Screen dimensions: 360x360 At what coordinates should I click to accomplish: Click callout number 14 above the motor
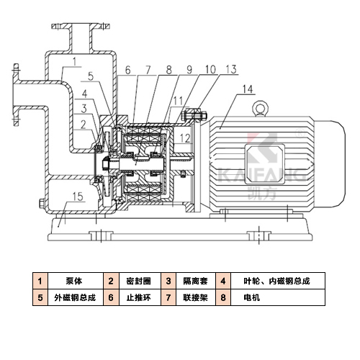[248, 89]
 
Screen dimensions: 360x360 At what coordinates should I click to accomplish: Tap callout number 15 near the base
[78, 197]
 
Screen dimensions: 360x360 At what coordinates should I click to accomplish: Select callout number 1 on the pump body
[74, 62]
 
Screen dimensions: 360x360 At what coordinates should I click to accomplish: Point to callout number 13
[231, 69]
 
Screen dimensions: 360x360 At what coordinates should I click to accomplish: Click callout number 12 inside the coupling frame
[185, 138]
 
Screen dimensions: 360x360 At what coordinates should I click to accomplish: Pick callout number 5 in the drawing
[91, 76]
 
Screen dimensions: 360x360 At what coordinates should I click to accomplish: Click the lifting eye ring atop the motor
[260, 108]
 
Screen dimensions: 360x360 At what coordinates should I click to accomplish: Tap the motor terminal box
[265, 164]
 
